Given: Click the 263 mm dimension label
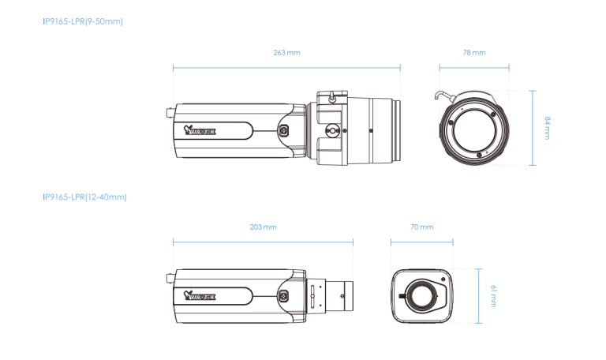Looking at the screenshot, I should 286,52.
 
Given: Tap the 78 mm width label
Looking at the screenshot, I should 474,52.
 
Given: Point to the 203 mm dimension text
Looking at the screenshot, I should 263,227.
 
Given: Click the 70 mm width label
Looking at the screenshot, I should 422,227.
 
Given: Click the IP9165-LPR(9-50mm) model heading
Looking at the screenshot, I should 83,21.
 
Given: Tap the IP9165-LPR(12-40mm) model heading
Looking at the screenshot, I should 84,197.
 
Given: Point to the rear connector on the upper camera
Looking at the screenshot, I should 169,112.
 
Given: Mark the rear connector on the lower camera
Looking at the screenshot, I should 169,278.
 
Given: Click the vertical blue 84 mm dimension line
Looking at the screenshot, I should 533,127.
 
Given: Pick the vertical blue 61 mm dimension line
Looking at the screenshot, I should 479,296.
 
